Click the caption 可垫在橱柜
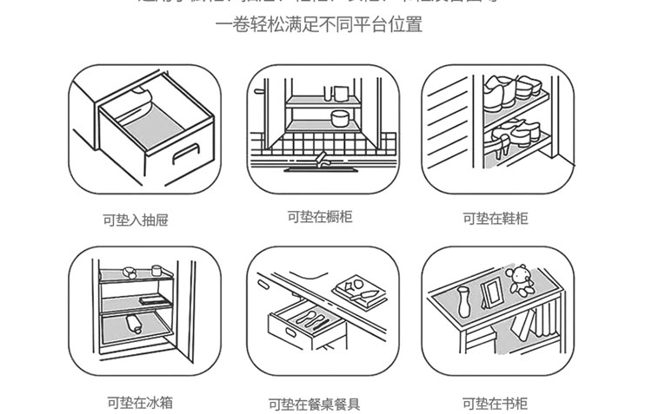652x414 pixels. pyautogui.click(x=320, y=216)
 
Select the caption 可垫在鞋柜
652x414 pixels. pyautogui.click(x=495, y=218)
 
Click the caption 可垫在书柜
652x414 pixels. pyautogui.click(x=495, y=403)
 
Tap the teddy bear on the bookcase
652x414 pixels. pyautogui.click(x=521, y=279)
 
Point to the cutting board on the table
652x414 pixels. pyautogui.click(x=357, y=287)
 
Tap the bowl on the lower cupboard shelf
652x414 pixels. pyautogui.click(x=338, y=117)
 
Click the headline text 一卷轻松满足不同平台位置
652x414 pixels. pyautogui.click(x=319, y=24)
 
